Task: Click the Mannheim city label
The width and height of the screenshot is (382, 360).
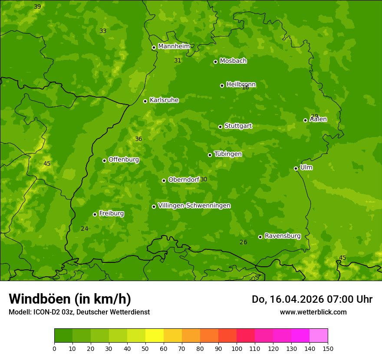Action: [174, 46]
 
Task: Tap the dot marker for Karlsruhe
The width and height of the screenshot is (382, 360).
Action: [145, 101]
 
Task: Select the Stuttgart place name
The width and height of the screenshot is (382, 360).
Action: [238, 126]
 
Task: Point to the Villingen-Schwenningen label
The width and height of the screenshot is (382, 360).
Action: [194, 206]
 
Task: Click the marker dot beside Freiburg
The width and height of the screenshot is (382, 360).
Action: [95, 214]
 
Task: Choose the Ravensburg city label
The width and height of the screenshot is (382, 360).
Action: [283, 236]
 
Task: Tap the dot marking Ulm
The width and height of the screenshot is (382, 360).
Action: [296, 168]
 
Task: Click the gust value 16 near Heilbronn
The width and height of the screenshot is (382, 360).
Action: [245, 88]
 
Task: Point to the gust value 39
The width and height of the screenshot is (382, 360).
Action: [37, 7]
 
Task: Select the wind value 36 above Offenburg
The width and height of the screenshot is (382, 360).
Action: [138, 139]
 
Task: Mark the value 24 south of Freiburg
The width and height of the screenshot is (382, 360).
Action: [84, 229]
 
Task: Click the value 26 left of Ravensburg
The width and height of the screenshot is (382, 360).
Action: [243, 242]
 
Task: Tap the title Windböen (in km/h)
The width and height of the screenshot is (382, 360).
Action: [70, 299]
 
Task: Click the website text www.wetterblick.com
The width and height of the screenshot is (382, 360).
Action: [313, 312]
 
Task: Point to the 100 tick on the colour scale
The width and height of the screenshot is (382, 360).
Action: [237, 348]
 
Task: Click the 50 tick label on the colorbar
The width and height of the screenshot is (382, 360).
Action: [145, 348]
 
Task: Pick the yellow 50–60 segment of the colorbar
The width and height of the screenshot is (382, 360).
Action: [155, 336]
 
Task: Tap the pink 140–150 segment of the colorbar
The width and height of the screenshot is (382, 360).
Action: [319, 336]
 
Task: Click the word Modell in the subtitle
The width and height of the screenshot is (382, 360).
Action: [20, 312]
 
